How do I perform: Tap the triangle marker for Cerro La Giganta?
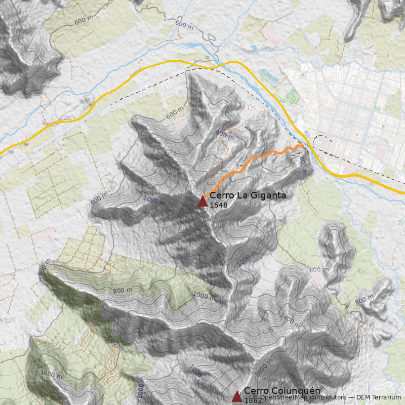[203, 201]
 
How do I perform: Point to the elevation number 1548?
[218, 205]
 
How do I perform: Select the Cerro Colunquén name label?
[282, 391]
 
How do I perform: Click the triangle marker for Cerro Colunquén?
[237, 396]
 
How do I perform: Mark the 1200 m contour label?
[198, 373]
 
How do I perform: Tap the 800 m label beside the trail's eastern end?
[303, 166]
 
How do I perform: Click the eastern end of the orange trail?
[302, 145]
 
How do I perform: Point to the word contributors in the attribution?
[330, 397]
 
